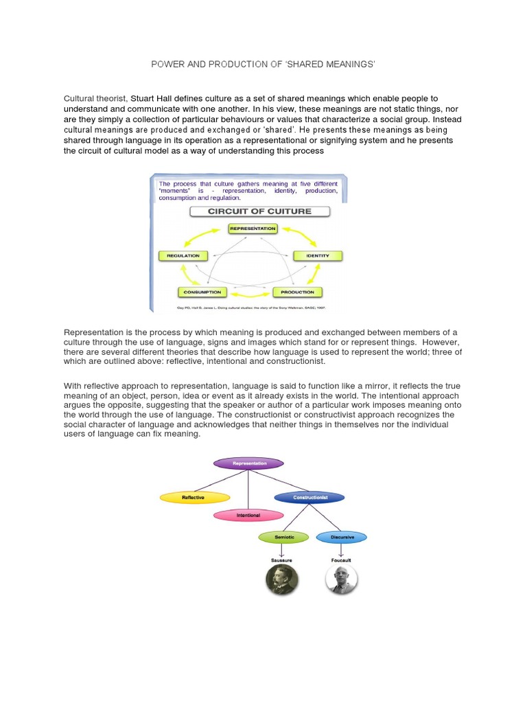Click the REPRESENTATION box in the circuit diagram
coord(253,228)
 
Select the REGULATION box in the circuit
coord(183,255)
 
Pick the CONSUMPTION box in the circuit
coord(202,292)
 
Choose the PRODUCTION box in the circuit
coord(297,292)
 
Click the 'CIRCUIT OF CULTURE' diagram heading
coord(259,211)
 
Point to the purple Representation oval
coord(248,463)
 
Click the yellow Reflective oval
coord(192,496)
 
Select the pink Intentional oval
coord(248,515)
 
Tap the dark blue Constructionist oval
coord(309,496)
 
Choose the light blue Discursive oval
coord(342,537)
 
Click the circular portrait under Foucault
coord(341,581)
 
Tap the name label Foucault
coord(341,560)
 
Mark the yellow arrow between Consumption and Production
coord(250,292)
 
